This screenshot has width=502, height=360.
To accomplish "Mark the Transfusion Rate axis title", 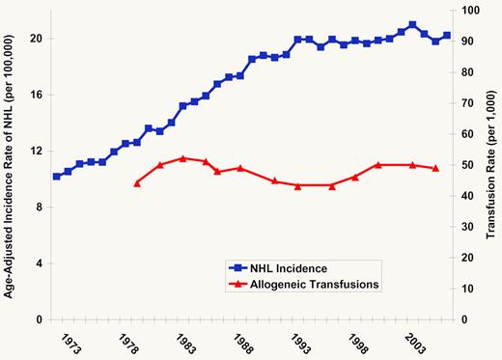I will pyautogui.click(x=490, y=165).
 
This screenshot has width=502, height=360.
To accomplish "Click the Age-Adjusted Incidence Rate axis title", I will pyautogui.click(x=10, y=165).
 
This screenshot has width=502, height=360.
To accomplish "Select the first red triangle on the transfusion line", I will pyautogui.click(x=137, y=182).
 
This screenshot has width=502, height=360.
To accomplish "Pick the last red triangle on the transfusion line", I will pyautogui.click(x=435, y=168).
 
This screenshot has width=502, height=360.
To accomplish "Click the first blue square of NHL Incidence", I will pyautogui.click(x=57, y=177).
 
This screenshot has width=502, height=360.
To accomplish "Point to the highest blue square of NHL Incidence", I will pyautogui.click(x=412, y=25).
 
